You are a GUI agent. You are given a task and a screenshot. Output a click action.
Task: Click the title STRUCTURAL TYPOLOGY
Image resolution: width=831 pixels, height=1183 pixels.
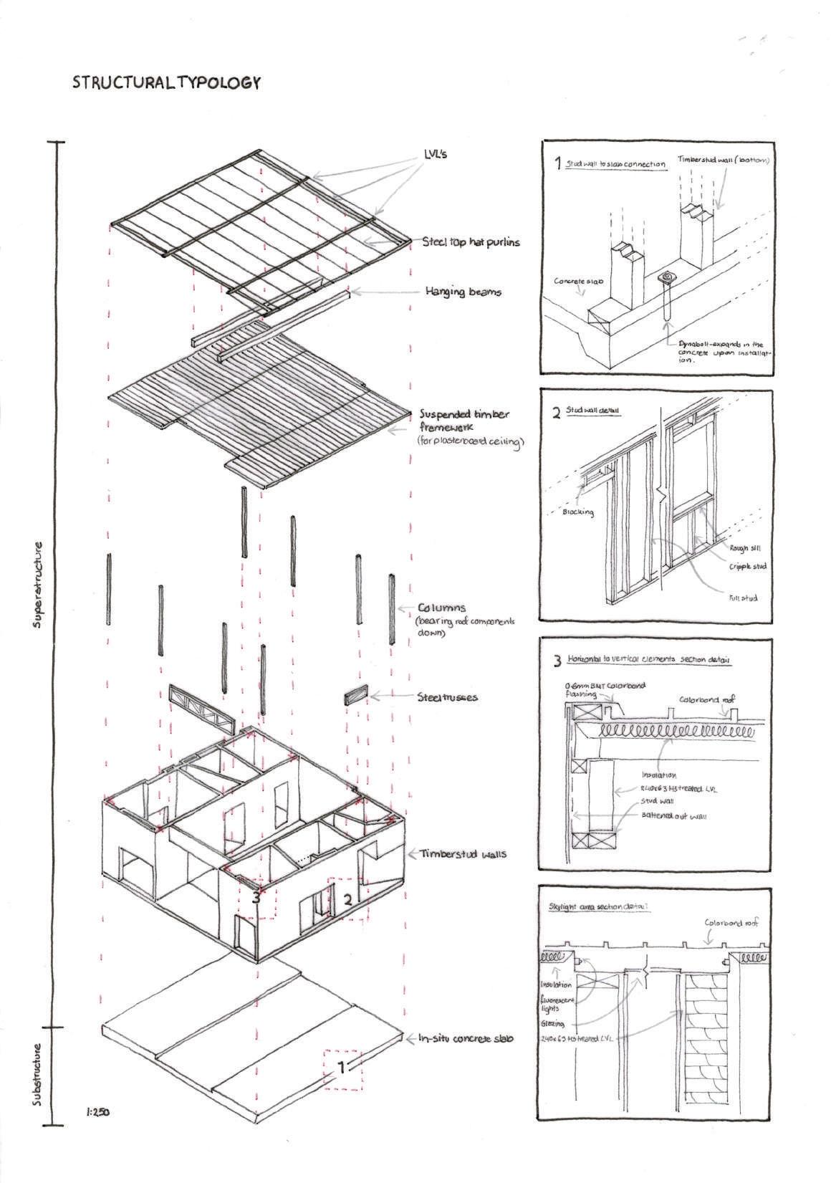(x=165, y=83)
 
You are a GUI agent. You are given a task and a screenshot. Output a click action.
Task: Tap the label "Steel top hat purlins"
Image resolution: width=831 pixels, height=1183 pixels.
(x=471, y=242)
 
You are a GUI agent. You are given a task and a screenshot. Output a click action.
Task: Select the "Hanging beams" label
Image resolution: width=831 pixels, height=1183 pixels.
(x=463, y=292)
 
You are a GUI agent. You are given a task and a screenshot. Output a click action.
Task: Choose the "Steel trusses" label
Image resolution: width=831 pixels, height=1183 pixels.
(x=448, y=696)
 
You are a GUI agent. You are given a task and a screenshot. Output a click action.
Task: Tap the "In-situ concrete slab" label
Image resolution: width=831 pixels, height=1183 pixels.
(x=466, y=1038)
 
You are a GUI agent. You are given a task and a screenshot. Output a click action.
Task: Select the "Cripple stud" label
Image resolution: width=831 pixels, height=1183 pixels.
(x=747, y=566)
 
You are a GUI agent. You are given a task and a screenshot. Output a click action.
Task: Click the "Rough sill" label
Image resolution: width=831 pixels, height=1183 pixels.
(x=739, y=549)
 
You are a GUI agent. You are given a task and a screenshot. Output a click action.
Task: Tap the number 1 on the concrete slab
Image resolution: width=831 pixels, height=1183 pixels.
(x=342, y=1068)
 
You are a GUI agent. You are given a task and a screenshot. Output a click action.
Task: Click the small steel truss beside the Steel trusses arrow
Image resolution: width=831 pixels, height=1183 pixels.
(x=355, y=696)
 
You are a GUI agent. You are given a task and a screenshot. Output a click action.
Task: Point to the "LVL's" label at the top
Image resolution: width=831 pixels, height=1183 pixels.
(x=435, y=155)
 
